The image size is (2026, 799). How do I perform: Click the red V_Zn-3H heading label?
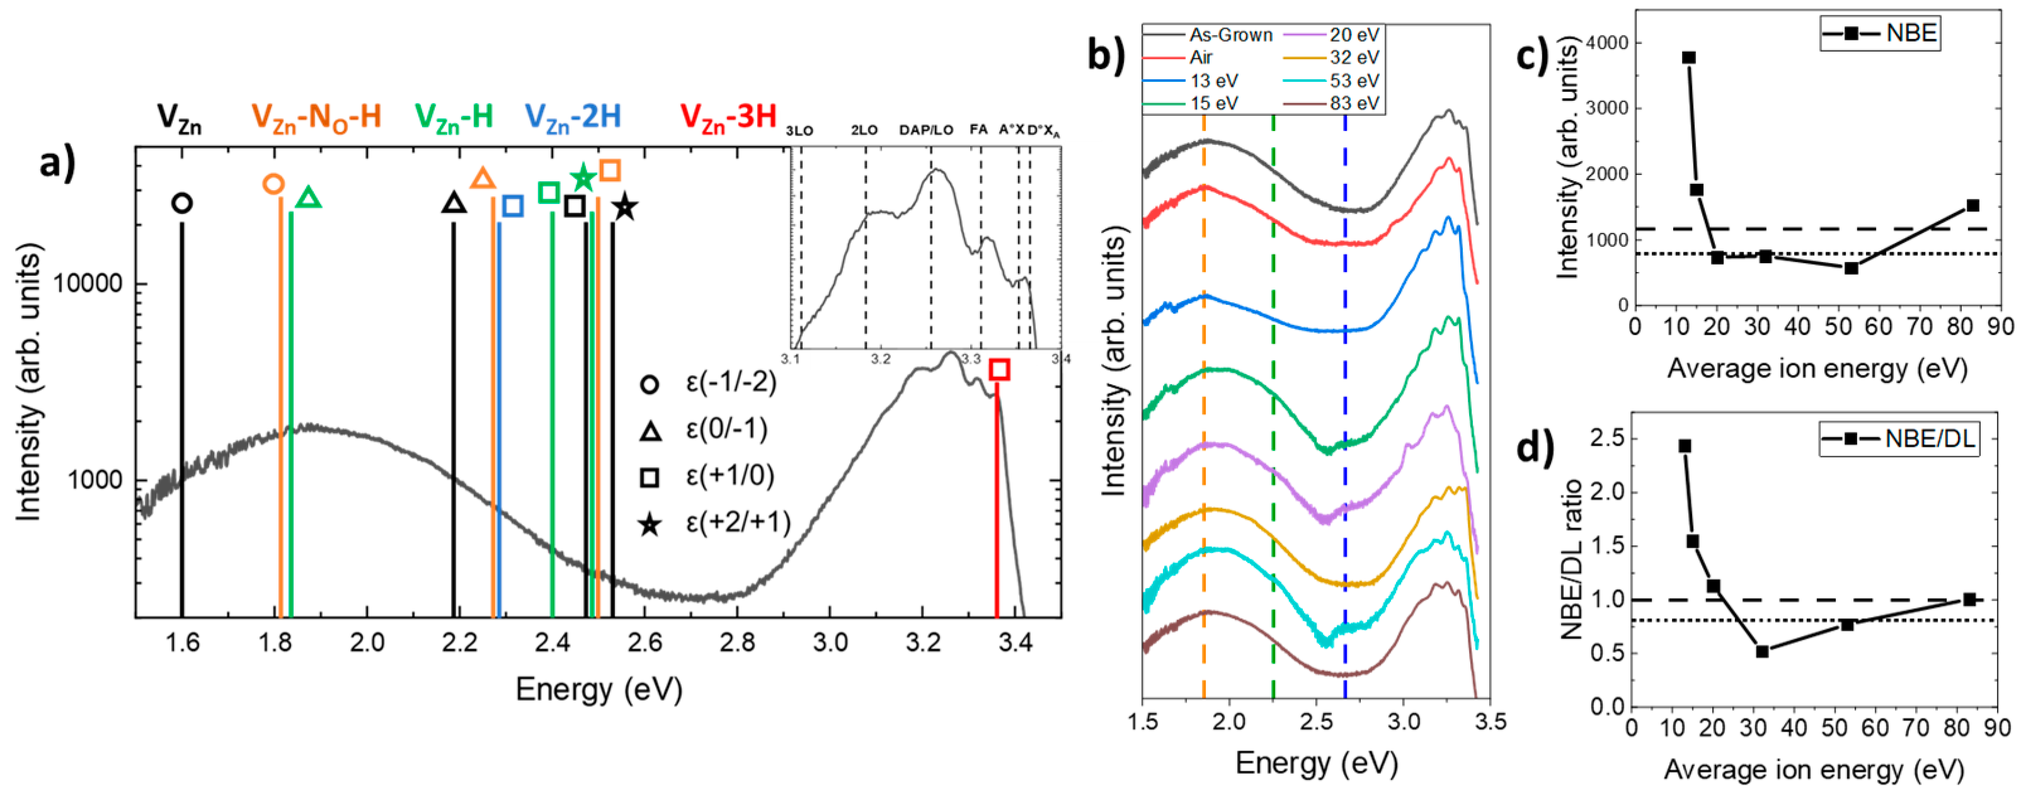click(728, 116)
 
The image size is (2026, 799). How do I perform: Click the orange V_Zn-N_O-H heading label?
click(316, 116)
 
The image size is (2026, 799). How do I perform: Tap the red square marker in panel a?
click(999, 369)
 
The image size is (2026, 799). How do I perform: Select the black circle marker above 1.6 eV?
click(181, 203)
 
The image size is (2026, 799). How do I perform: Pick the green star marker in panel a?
click(583, 178)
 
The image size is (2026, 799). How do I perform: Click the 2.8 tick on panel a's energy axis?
click(737, 643)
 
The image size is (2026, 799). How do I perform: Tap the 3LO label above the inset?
click(799, 130)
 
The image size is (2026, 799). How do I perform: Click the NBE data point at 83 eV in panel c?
click(1972, 205)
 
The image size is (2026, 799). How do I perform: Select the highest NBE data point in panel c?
click(1688, 57)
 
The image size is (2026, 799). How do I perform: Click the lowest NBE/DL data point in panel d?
click(1763, 651)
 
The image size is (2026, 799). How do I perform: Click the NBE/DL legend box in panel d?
click(1899, 439)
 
